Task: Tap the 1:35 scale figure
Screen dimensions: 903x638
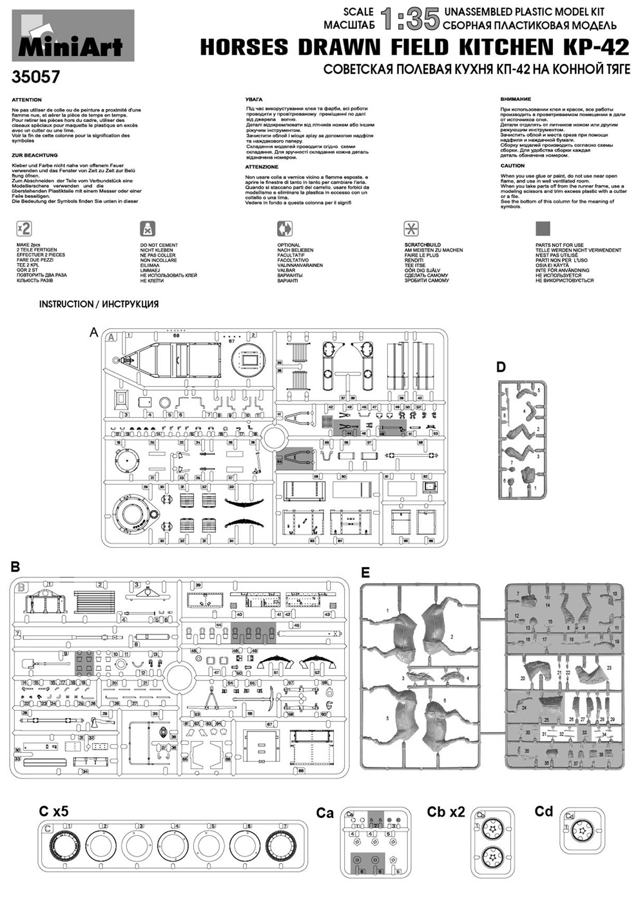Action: [x=409, y=19]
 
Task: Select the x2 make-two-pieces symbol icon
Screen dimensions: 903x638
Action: [x=24, y=228]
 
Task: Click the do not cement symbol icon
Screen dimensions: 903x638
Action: [x=148, y=228]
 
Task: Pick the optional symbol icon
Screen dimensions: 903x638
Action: [x=285, y=228]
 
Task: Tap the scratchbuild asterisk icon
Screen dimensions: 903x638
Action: [x=411, y=228]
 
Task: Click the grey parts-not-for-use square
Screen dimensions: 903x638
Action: [x=543, y=228]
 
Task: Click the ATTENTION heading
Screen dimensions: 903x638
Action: [x=26, y=100]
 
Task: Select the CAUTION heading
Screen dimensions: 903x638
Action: [x=512, y=166]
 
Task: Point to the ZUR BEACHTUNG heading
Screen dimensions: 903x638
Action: [x=35, y=155]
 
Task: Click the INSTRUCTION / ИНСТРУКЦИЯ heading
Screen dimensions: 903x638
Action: [x=99, y=304]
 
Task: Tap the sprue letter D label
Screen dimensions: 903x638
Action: [x=501, y=368]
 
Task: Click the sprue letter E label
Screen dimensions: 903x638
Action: [x=365, y=572]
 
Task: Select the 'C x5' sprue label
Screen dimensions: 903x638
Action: [x=53, y=811]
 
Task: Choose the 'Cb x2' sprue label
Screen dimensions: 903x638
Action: [x=445, y=811]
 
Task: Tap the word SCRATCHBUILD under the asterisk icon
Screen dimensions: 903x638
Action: [x=422, y=245]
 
